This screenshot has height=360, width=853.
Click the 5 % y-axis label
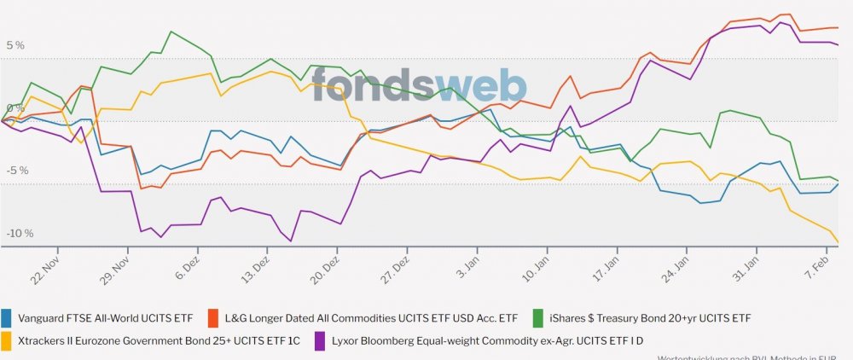(16, 45)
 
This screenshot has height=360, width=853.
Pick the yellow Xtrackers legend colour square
(7, 340)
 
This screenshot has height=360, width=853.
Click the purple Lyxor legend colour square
(321, 340)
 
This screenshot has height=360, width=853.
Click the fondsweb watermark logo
(418, 84)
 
